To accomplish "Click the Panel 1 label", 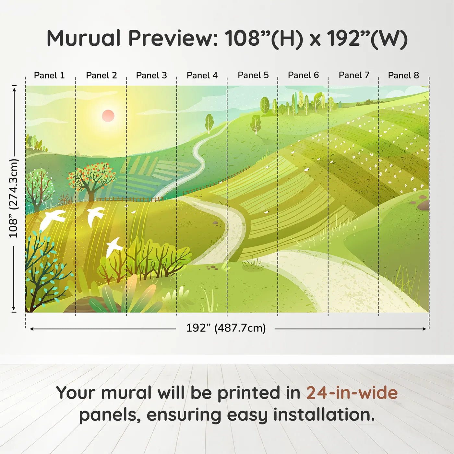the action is pos(49,75).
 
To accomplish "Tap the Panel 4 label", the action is pos(202,75).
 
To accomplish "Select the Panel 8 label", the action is pos(404,75).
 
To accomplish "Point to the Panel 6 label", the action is pos(304,75).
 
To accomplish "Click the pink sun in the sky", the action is pos(108,116).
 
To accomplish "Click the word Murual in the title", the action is pos(84,38).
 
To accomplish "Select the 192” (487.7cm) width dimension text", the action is pos(226,328).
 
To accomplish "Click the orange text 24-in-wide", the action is pos(352,392).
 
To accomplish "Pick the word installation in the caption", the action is pos(324,414).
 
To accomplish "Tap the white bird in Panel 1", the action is pos(52,219).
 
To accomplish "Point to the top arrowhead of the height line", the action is pos(14,90).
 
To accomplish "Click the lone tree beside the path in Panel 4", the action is pos(209,123).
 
